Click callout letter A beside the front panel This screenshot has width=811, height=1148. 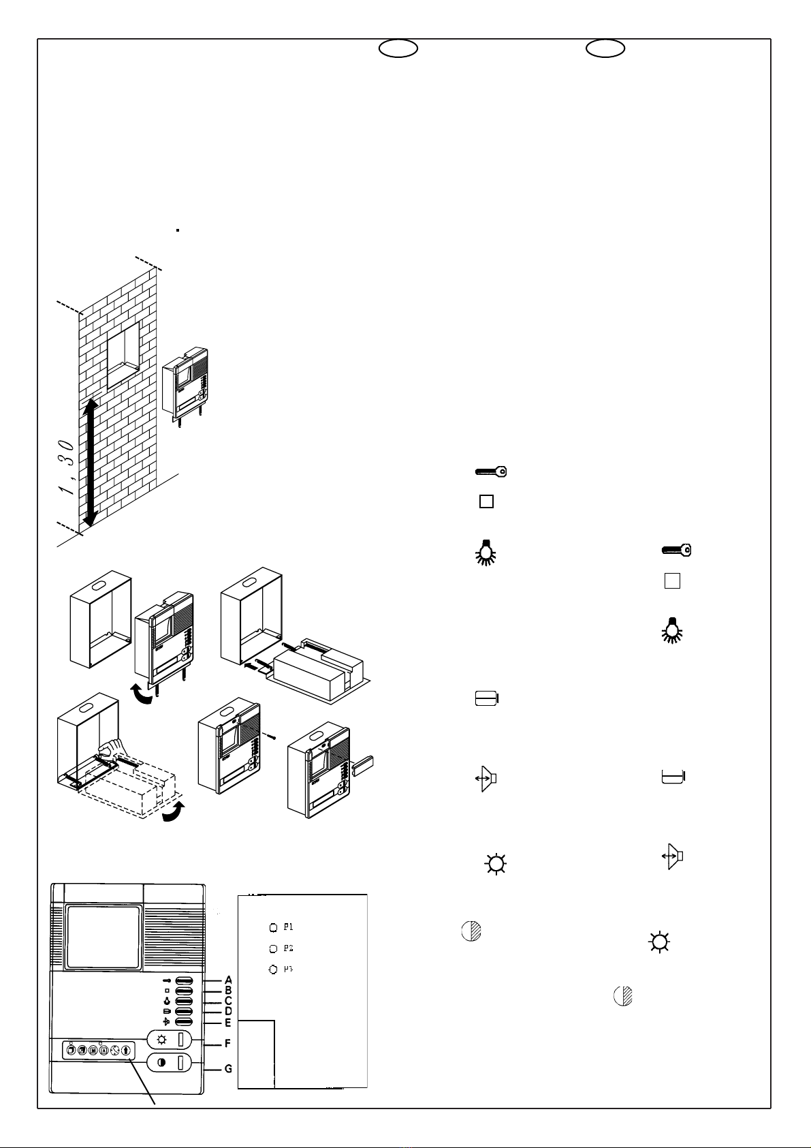point(229,980)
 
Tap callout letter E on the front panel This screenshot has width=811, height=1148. point(228,1023)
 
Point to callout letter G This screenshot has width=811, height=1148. point(229,1069)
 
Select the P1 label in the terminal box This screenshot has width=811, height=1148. point(289,927)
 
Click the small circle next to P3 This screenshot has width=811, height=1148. point(273,969)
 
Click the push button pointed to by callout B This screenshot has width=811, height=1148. point(185,991)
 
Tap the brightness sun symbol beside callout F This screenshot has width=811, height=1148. point(161,1040)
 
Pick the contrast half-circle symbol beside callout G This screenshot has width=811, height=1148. point(161,1062)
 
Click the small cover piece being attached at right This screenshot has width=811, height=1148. point(363,765)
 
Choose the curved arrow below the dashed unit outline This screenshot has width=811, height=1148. point(172,812)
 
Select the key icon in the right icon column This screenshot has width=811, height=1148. point(677,550)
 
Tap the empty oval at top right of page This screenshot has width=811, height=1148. point(606,48)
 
